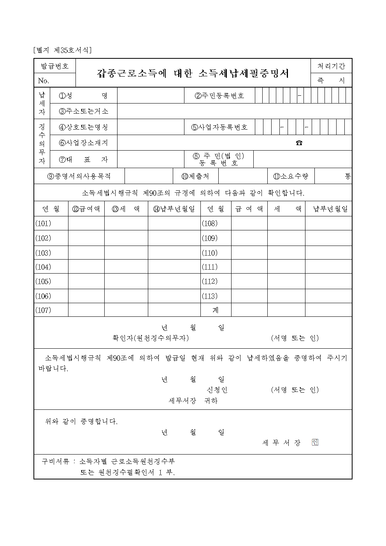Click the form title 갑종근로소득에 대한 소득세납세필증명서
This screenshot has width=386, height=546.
coord(193,73)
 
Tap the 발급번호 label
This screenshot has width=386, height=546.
coord(55,66)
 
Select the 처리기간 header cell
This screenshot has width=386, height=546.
coord(331,66)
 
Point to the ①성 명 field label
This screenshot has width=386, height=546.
coord(83,96)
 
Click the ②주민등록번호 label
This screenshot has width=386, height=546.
coord(219,96)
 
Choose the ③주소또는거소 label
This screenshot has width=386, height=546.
coord(83,111)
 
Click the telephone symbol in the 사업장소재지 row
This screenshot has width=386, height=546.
coord(299,143)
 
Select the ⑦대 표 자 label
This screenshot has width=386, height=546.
coord(83,160)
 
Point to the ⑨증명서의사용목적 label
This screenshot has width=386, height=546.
coord(79,176)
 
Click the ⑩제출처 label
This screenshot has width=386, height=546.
coord(195,176)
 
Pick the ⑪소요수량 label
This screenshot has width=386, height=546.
coord(291,176)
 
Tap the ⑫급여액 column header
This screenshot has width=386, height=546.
coord(86,209)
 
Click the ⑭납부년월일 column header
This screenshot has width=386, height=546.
coord(174,209)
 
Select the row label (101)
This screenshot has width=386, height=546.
coord(43,223)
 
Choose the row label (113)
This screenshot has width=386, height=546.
coord(210,296)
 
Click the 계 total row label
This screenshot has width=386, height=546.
coord(216,310)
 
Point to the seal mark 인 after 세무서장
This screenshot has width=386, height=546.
coord(315,442)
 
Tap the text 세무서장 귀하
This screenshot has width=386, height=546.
coord(193,400)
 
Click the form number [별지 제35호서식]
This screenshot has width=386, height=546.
coord(63,50)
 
